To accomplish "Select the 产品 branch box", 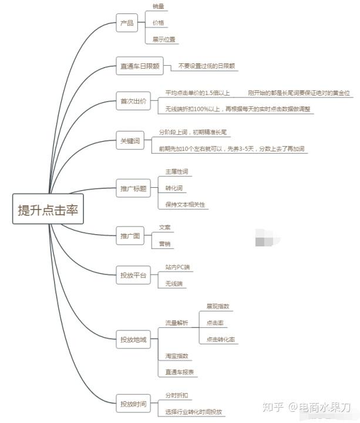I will (x=127, y=23).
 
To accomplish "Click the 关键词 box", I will (x=131, y=141).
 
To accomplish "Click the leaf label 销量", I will (x=158, y=6).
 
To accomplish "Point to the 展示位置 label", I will (x=164, y=40).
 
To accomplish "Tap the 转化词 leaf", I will (x=174, y=188).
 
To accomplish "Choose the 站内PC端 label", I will (x=177, y=267).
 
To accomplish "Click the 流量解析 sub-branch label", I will (x=177, y=323).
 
